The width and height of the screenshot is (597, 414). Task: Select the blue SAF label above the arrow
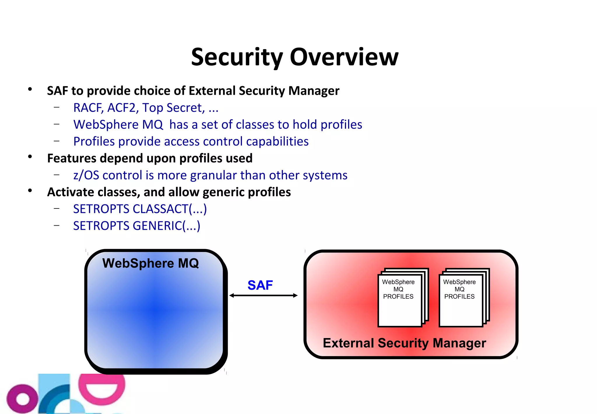(260, 285)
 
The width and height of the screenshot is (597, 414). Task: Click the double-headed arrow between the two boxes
(263, 295)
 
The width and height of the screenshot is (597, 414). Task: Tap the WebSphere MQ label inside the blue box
(150, 263)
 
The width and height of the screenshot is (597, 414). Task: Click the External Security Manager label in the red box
(404, 343)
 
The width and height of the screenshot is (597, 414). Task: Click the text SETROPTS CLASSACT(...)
(140, 209)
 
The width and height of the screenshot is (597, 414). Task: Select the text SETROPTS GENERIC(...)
(136, 226)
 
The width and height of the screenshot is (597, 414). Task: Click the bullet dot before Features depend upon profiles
(30, 157)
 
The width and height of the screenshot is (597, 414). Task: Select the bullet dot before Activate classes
(30, 191)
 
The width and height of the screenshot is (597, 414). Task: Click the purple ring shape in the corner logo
(22, 399)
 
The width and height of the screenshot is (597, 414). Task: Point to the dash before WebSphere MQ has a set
(57, 124)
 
